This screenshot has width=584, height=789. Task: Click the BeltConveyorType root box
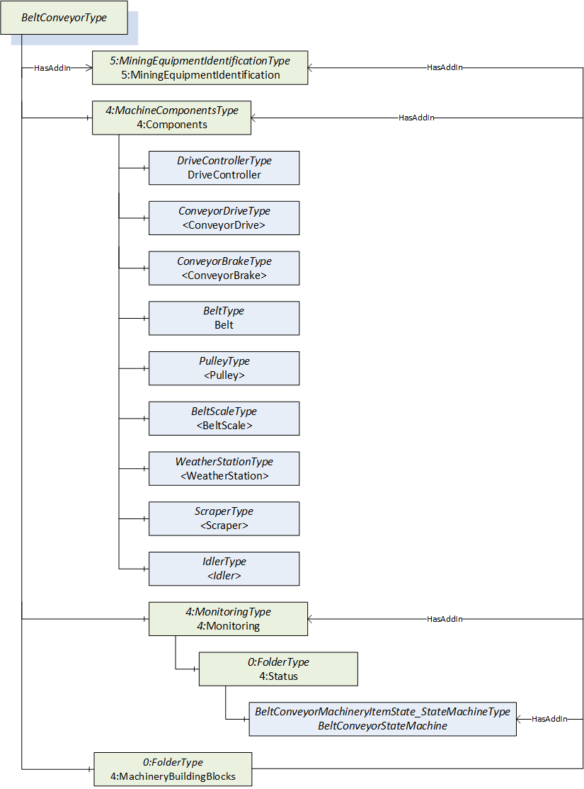(64, 18)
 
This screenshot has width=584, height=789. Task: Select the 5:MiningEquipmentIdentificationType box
(200, 67)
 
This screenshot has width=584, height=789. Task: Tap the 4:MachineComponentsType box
(171, 118)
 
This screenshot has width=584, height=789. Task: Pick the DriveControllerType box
(224, 168)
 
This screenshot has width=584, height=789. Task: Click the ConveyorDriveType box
(224, 218)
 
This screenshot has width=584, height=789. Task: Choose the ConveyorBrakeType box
(224, 268)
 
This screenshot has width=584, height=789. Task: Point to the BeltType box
(224, 318)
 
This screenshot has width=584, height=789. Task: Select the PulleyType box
(224, 368)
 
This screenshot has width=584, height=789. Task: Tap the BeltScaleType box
(224, 418)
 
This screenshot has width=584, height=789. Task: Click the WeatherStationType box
(224, 468)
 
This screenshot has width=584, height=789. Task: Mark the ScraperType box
(224, 518)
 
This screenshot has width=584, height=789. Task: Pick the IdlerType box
(224, 569)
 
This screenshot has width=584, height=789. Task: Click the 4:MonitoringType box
(229, 619)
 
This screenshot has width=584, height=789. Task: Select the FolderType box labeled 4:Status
(278, 669)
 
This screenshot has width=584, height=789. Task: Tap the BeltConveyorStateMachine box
(382, 719)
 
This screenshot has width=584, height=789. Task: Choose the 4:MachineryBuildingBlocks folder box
(173, 769)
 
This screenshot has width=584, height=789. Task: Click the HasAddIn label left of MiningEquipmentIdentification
(52, 68)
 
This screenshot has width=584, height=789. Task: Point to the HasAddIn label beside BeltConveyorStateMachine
(549, 719)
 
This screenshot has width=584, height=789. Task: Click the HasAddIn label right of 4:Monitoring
(445, 619)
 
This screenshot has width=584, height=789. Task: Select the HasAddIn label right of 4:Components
(416, 118)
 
